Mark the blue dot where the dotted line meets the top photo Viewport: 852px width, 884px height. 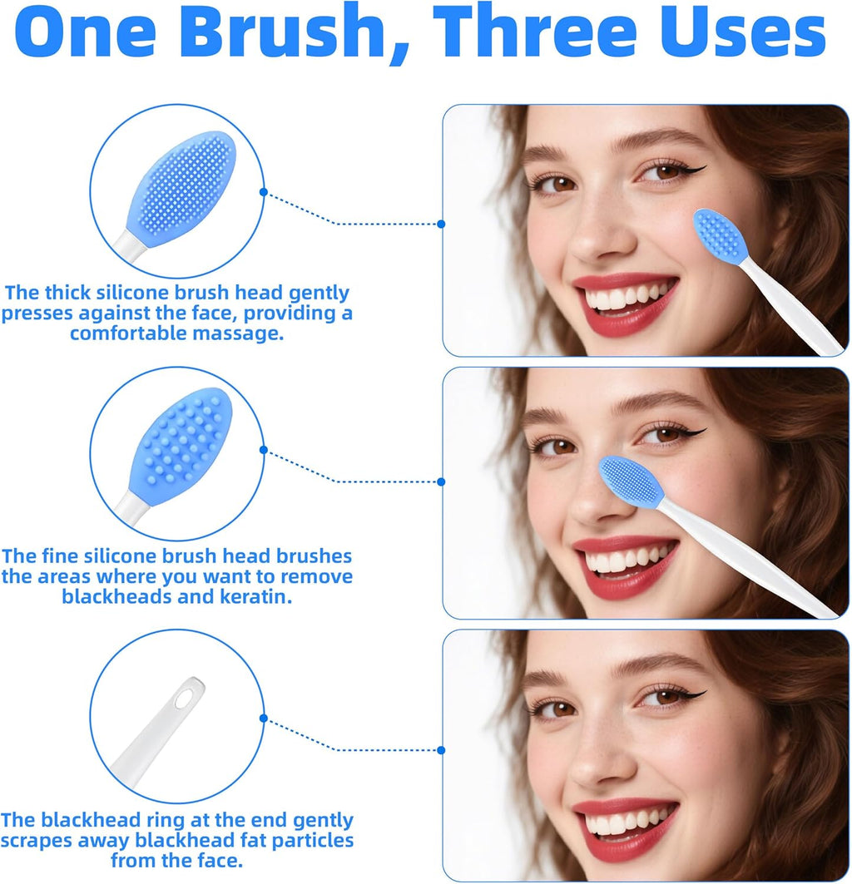tap(441, 224)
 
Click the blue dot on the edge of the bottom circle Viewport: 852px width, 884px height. tap(264, 718)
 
